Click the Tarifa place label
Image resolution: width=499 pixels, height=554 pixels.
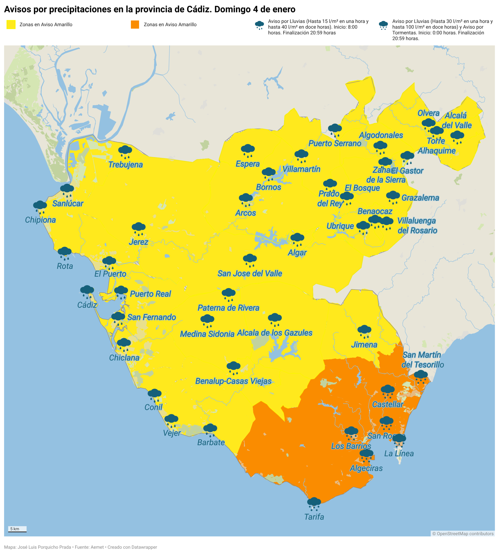[314, 517]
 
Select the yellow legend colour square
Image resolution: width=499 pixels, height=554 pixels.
[11, 24]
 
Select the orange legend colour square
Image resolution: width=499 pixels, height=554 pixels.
[135, 24]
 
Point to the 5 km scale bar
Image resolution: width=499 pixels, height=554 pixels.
[17, 529]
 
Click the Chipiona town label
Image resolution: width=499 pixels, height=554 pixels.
[40, 220]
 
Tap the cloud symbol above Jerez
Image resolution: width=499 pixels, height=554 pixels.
[138, 228]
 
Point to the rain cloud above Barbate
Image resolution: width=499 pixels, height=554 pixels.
[210, 429]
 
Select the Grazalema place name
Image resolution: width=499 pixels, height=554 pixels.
[420, 198]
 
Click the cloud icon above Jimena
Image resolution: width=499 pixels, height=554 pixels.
[364, 330]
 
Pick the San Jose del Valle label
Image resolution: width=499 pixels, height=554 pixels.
[250, 274]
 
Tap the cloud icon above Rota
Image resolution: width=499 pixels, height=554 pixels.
[65, 252]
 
